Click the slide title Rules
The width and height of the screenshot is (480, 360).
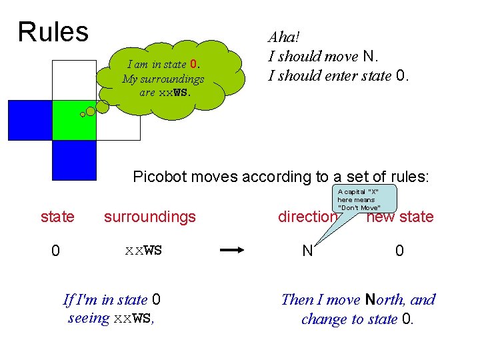(53, 31)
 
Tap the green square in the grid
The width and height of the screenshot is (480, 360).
(74, 120)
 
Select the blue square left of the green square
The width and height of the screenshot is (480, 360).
(29, 120)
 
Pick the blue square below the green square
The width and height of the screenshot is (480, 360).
(74, 161)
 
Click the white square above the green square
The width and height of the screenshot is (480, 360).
(74, 79)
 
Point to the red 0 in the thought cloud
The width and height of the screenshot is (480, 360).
(194, 65)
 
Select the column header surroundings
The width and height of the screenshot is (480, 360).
(150, 217)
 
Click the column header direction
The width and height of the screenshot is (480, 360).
(307, 217)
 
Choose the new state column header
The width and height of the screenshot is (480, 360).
(400, 217)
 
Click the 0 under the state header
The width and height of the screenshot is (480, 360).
(56, 251)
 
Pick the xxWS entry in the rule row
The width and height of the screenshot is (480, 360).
(143, 251)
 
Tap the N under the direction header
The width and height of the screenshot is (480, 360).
(307, 251)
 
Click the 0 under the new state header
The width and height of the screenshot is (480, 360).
(399, 251)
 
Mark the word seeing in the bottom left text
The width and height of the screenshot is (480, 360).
(89, 318)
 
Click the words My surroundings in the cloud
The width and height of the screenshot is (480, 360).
(163, 79)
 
